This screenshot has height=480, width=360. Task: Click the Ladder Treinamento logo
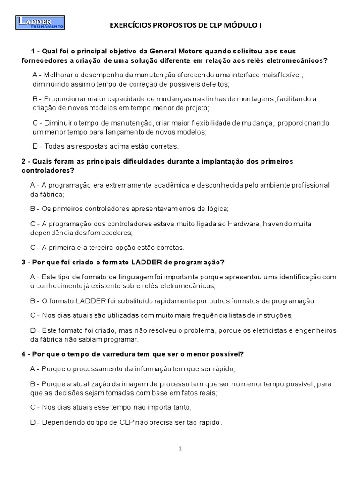pos(40,22)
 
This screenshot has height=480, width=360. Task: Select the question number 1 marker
pos(33,51)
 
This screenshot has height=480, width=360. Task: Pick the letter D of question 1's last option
pos(35,146)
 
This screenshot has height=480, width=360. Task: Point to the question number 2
pos(24,161)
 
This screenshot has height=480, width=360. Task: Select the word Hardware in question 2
pos(243,223)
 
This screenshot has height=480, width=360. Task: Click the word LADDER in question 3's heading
pos(150,261)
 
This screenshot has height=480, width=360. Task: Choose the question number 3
pos(24,261)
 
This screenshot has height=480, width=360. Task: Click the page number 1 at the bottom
pos(180,449)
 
